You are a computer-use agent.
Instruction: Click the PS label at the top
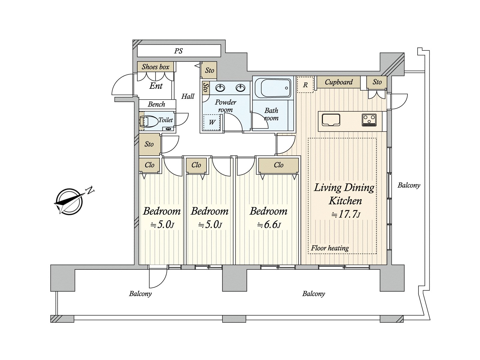point(178,51)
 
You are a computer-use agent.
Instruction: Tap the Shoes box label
point(155,67)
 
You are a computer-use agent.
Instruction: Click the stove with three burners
point(369,120)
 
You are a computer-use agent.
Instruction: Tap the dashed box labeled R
point(305,85)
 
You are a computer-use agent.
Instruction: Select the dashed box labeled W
point(212,122)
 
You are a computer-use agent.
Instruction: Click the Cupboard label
point(339,82)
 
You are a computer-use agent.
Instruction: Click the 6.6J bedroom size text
point(269,224)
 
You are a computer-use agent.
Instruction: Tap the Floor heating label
point(330,248)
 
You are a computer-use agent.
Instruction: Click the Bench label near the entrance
point(156,104)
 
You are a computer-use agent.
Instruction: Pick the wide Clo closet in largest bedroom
point(278,165)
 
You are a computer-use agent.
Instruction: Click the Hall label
point(188,96)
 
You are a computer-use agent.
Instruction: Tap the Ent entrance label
point(156,86)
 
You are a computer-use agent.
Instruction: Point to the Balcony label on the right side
point(409,185)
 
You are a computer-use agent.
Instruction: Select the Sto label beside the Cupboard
point(377,82)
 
